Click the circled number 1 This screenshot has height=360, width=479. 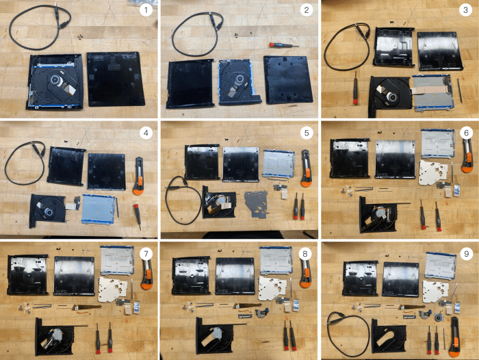(145, 10)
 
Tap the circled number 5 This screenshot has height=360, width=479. (305, 131)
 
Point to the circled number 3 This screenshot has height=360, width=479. (465, 10)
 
